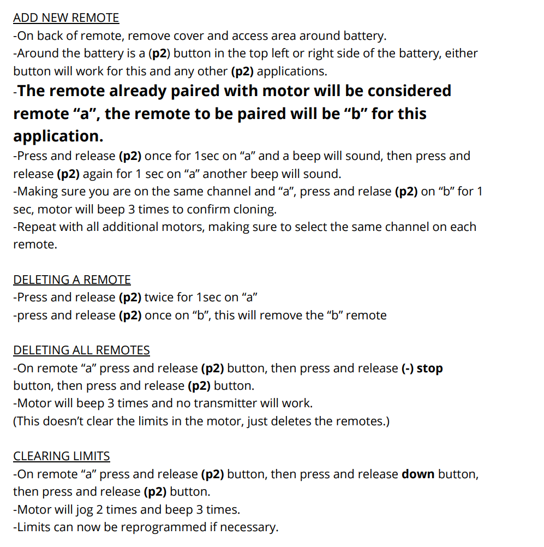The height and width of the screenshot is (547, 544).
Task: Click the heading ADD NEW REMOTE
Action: [x=66, y=17]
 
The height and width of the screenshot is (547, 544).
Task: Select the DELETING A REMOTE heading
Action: [x=72, y=280]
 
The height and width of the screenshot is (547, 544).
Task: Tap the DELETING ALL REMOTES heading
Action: [x=81, y=350]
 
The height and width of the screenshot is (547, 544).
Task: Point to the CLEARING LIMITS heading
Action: [x=62, y=456]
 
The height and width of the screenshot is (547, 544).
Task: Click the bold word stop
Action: [x=429, y=368]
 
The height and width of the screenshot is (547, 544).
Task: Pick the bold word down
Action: [x=418, y=474]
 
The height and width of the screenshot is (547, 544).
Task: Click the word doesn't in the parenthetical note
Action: [x=70, y=421]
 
